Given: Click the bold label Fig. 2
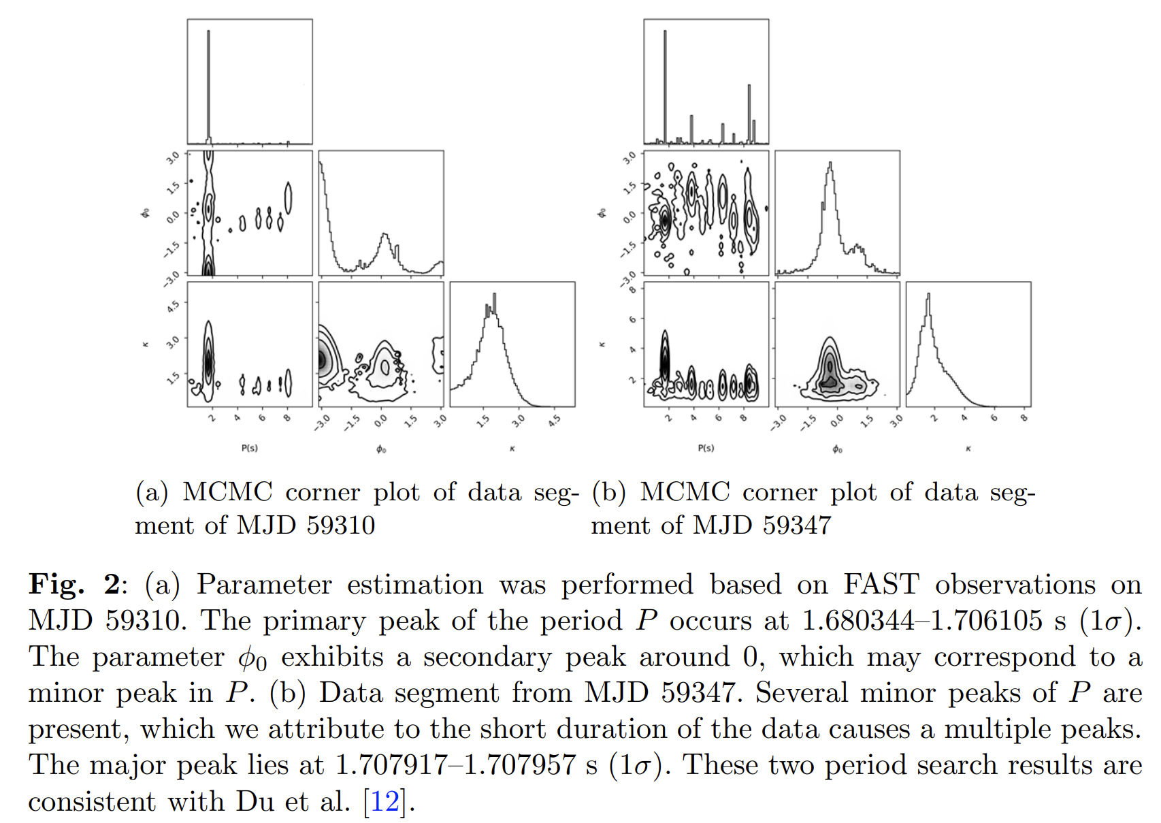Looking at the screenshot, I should [74, 584].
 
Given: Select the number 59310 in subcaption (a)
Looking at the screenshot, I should [340, 525].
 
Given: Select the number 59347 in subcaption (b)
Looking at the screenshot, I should [796, 525].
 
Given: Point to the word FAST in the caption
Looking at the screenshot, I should [881, 584].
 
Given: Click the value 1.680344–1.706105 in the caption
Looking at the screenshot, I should [922, 620].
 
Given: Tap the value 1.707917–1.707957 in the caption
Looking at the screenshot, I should [455, 764].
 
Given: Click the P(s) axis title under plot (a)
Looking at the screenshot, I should [250, 448].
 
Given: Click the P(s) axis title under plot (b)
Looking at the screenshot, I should [706, 448].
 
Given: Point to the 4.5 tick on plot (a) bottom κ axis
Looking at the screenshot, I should [555, 420].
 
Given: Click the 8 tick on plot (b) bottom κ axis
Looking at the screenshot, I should [1024, 417].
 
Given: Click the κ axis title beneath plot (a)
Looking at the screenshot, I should [512, 449].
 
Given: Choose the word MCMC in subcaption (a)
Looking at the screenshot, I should [227, 491].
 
